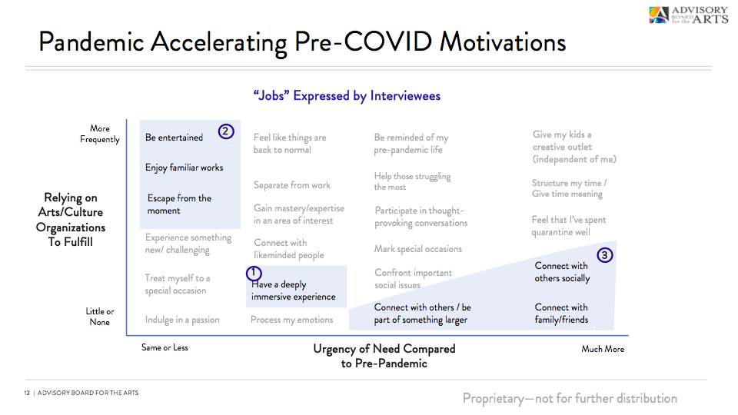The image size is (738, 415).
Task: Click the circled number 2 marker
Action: [x=226, y=131]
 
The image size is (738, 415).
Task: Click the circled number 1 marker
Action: [x=254, y=273]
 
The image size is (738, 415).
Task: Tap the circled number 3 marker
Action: [x=605, y=255]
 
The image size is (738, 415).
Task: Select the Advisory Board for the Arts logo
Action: [x=688, y=15]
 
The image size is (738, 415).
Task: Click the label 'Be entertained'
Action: [x=175, y=138]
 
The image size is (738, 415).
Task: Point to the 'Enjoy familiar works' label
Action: [x=184, y=168]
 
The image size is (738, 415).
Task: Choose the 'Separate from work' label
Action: [x=292, y=185]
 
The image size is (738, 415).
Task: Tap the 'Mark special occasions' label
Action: [x=418, y=249]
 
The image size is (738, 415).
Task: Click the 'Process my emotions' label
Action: [x=292, y=320]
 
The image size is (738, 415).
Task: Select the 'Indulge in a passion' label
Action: [x=182, y=320]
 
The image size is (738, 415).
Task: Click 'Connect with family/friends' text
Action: [x=561, y=314]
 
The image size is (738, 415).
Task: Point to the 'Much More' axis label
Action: [x=603, y=349]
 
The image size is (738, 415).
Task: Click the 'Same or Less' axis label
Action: [x=165, y=347]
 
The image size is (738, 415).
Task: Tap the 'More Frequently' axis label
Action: [x=100, y=134]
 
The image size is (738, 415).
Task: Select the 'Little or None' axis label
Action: [x=100, y=317]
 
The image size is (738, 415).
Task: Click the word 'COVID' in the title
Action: [x=387, y=41]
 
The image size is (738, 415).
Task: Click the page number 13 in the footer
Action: [x=27, y=393]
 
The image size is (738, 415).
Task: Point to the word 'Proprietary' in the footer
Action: [x=493, y=399]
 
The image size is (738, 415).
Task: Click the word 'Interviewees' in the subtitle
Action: [x=405, y=95]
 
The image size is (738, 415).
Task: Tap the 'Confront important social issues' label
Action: [x=414, y=279]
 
